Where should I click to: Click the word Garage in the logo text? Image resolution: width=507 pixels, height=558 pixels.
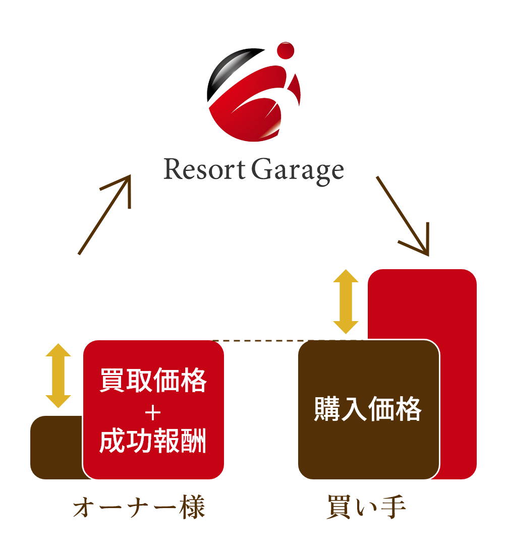(298, 171)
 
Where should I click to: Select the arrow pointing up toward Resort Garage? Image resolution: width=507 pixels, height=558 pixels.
(105, 214)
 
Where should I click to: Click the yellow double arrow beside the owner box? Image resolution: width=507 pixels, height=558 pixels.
(59, 376)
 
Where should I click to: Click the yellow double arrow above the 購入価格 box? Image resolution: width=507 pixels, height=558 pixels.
(346, 301)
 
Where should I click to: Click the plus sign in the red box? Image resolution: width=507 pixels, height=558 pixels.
(153, 413)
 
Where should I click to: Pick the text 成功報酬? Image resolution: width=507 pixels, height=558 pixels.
(153, 442)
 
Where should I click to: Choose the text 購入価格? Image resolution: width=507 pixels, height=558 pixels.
(368, 409)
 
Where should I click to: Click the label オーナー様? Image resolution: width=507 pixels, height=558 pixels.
(139, 509)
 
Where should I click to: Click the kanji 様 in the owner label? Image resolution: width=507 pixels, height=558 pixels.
(192, 509)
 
